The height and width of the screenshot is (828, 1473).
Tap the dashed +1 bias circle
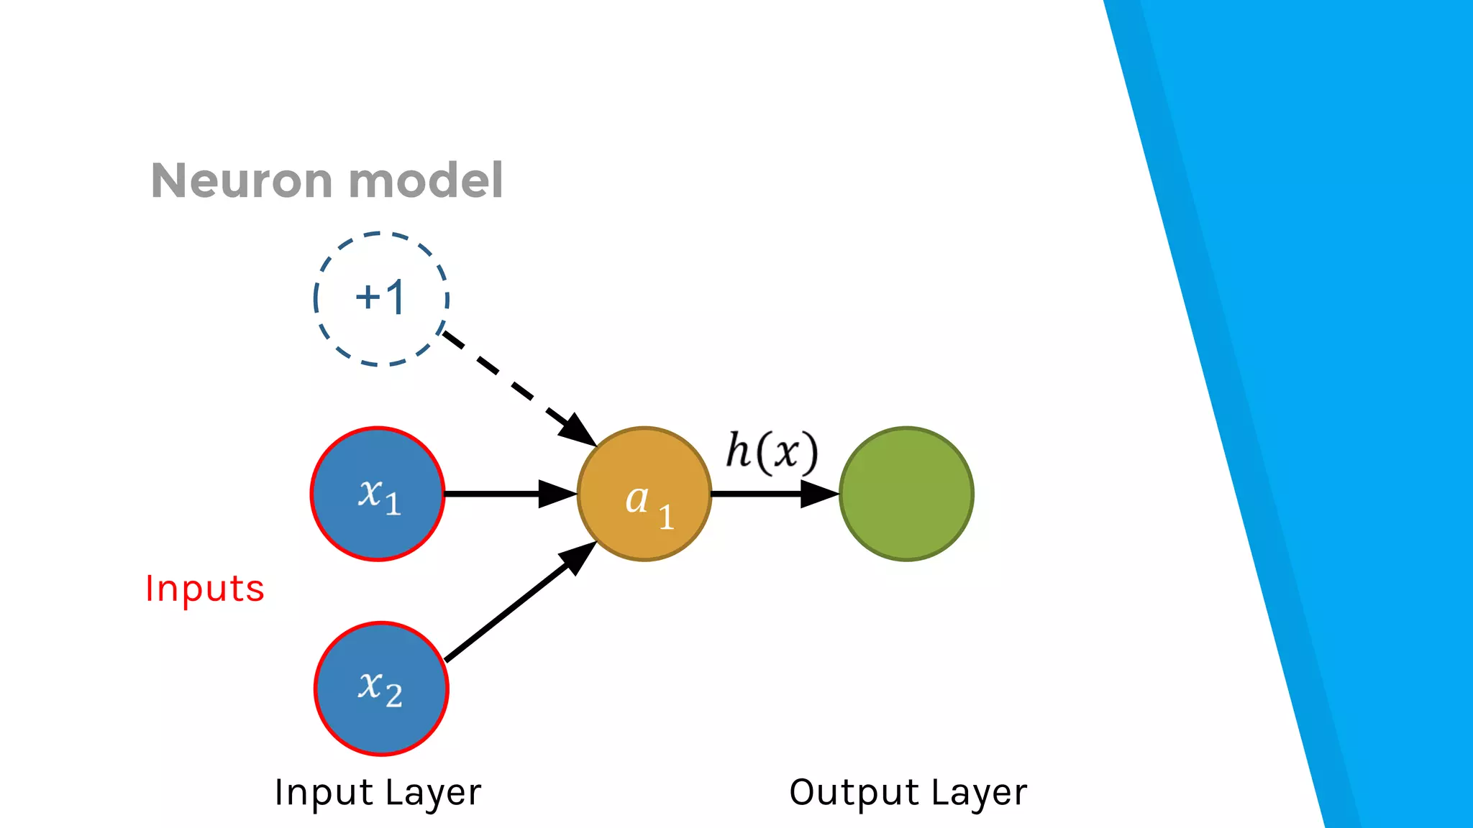tap(380, 298)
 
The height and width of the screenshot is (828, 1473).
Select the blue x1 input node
tap(378, 494)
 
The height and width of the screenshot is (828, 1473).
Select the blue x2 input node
tap(381, 689)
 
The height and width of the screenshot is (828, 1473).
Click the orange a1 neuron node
tap(644, 494)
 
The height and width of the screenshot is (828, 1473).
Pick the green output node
tap(906, 494)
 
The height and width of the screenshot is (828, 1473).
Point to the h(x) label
tap(772, 452)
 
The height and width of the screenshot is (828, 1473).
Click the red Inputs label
tap(205, 589)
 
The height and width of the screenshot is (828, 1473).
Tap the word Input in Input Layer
tap(324, 793)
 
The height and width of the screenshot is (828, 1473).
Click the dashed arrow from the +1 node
tap(503, 378)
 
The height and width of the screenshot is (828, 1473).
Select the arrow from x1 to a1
tap(496, 494)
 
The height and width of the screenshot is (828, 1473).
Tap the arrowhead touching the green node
tap(820, 494)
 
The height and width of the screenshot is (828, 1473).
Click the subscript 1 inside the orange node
tap(667, 517)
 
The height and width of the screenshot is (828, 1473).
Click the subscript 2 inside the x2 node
tap(393, 695)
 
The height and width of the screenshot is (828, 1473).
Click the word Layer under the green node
tap(979, 793)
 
